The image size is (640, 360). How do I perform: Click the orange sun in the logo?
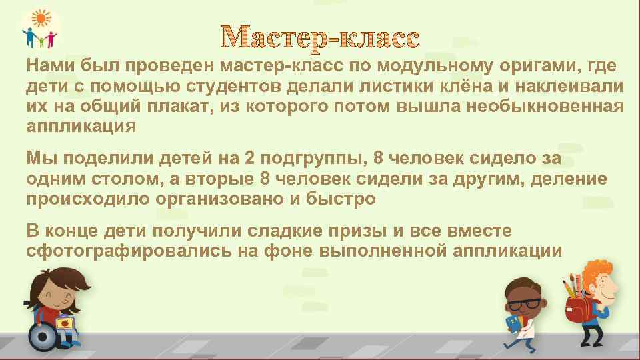[41, 19]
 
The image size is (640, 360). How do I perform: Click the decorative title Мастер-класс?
[321, 38]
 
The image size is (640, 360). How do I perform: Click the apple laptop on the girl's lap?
[65, 324]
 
